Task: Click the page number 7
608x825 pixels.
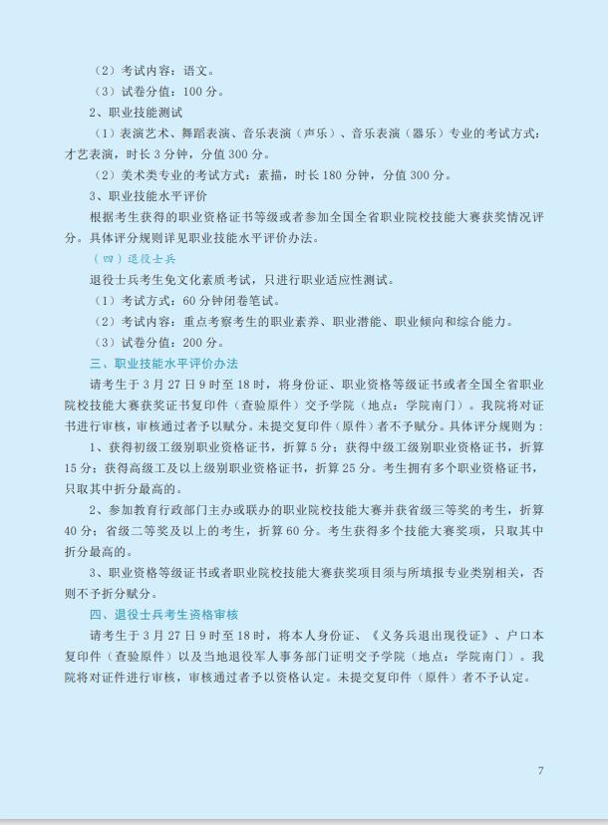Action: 540,771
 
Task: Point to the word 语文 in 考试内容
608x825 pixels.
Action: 197,71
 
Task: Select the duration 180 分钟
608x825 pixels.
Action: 354,175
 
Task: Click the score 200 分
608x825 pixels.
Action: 203,342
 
